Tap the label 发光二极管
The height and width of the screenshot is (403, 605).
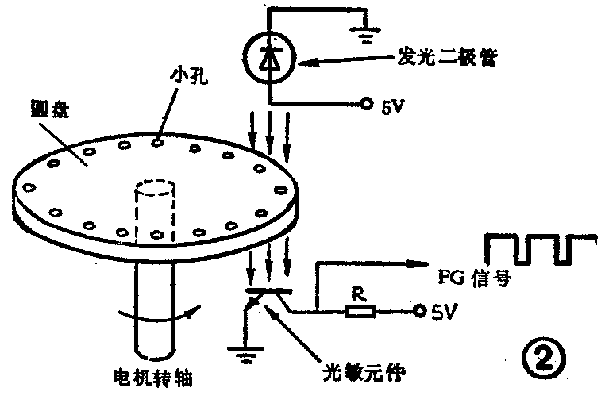447,58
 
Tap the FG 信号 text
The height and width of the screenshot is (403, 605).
472,279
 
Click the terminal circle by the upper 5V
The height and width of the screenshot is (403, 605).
367,104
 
